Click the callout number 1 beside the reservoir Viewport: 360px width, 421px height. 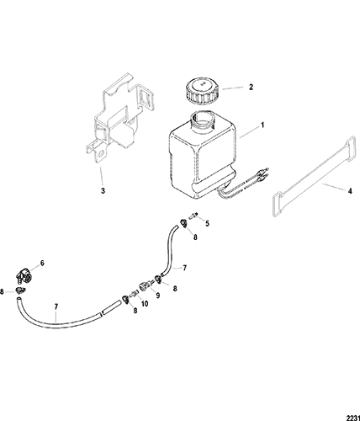coord(262,125)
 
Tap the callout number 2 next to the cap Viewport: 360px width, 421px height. coord(251,87)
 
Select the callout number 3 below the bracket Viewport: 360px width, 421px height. coord(103,191)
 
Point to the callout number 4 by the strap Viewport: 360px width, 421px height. coord(350,191)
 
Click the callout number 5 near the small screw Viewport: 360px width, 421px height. coord(207,223)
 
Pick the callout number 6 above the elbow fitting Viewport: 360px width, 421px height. coord(42,263)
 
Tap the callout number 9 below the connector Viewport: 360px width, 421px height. coord(158,296)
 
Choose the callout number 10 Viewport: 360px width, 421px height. coord(145,304)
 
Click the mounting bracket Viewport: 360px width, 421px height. coord(119,118)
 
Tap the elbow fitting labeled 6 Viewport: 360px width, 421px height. coord(24,275)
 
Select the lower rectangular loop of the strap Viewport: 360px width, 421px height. coord(278,205)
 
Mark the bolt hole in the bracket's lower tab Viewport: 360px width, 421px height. coord(101,154)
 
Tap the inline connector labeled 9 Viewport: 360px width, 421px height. coord(145,287)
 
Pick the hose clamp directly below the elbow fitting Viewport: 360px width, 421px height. coord(19,290)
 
